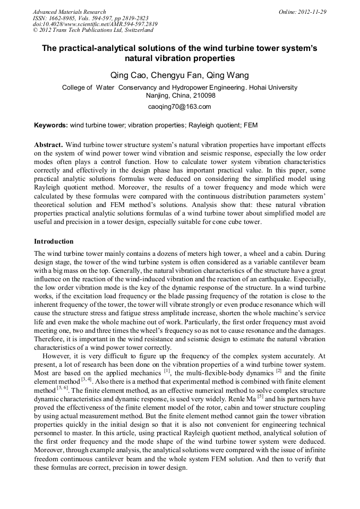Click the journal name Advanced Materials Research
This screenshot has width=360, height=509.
coord(69,12)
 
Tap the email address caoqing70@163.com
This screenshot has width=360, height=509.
coord(179,107)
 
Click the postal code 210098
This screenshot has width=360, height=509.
coord(203,96)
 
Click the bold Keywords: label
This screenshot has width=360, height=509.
coord(51,126)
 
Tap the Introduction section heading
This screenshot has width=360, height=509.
coord(54,241)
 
